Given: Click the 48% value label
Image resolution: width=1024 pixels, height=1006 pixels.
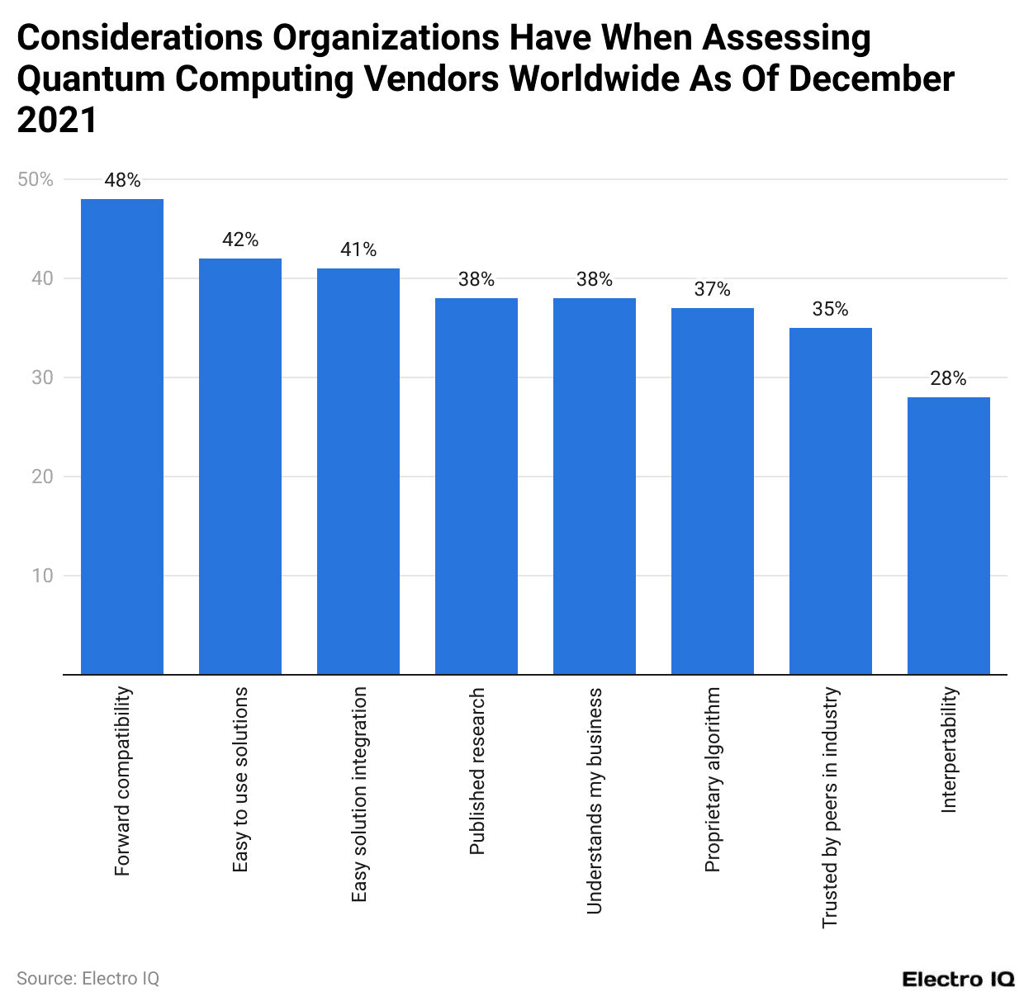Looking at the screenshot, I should (x=122, y=181).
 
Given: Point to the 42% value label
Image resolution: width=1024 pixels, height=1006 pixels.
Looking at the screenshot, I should (x=240, y=240).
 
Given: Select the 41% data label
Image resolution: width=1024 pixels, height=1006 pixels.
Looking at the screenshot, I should (x=358, y=250).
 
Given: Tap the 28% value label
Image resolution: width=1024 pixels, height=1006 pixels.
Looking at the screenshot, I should (x=948, y=379).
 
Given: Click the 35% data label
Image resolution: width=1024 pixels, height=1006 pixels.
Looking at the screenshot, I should (x=830, y=310).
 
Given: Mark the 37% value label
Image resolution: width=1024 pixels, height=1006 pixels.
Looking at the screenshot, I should (x=712, y=290).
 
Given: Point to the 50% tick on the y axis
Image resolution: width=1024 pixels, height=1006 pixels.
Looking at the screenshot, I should (x=36, y=179).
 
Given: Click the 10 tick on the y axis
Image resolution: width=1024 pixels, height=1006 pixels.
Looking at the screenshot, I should (x=42, y=576).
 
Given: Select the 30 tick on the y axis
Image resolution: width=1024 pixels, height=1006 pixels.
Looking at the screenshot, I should (x=42, y=377).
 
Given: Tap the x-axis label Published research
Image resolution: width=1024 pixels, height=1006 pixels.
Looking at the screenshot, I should (x=476, y=771).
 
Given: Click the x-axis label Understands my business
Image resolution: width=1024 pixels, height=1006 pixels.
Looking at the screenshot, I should (x=595, y=800).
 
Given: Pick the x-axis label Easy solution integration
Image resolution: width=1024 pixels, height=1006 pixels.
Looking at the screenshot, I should (x=358, y=795).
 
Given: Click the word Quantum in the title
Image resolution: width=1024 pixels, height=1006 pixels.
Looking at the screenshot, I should (x=91, y=79).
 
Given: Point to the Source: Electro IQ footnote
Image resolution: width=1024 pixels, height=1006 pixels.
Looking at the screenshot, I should (x=88, y=979).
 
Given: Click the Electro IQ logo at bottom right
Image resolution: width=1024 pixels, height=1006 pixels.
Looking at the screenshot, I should (x=958, y=980).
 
